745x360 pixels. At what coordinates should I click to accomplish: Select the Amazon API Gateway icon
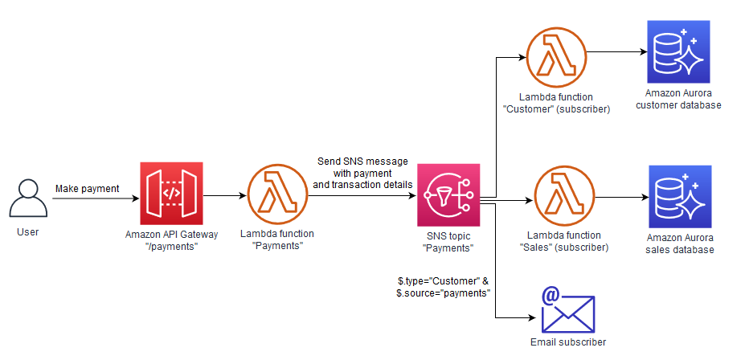171,194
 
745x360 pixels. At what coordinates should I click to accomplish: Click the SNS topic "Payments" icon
448,195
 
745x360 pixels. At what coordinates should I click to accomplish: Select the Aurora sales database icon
680,196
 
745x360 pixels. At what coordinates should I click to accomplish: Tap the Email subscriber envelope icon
567,310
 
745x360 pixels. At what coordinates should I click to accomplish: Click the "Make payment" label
87,189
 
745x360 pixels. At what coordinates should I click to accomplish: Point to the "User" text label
27,232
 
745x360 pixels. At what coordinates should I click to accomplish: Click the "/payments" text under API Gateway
172,245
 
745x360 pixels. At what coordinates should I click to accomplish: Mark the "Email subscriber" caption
567,342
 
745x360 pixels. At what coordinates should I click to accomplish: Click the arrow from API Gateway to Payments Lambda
223,195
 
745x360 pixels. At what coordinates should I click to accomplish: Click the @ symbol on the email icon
551,296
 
